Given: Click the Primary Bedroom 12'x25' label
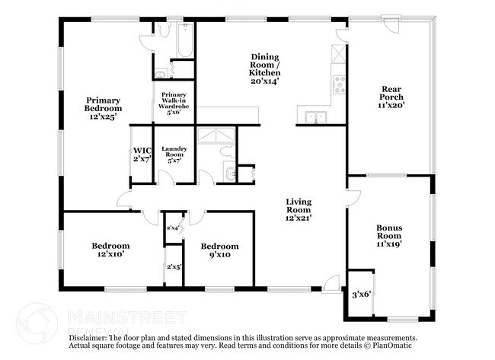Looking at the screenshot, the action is pos(103,109).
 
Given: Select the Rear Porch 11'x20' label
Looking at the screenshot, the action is pos(391,97).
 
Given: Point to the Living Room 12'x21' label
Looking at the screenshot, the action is pos(299,210).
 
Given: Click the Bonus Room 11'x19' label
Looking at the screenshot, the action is pos(389,236).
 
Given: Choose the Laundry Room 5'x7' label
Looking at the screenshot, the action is pos(174,155).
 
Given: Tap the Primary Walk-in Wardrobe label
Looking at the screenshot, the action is pos(174,104).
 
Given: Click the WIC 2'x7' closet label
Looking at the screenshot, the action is pos(142,155).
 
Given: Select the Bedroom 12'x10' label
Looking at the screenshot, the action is pos(110,250).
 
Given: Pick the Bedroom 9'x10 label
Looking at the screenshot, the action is pos(220,250).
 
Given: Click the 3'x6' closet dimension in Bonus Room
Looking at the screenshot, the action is pos(361,295).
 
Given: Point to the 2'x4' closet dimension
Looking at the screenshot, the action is pos(173,228).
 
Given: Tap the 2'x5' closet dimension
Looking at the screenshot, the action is pos(174,267).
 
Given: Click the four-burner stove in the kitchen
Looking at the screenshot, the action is pos(340,84).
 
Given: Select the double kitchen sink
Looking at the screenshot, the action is pos(316,117).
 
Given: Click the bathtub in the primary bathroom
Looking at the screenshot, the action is pos(185,40).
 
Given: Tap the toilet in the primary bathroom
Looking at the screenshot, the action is pos(164,30).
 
